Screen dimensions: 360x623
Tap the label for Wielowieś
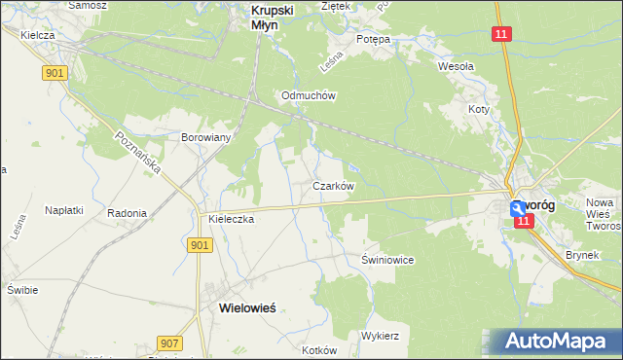(x=240, y=306)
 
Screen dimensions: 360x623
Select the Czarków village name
(x=332, y=185)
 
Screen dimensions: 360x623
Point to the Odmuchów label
(x=308, y=95)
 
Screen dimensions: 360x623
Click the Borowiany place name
(x=205, y=137)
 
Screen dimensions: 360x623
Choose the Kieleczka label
(x=231, y=220)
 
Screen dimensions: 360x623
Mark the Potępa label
(x=372, y=39)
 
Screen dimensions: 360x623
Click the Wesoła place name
(x=456, y=66)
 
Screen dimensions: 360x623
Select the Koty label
(x=477, y=110)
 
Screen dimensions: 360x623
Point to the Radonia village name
(x=127, y=213)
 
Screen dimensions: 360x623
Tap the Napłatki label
(x=63, y=209)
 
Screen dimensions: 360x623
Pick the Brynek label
(x=582, y=256)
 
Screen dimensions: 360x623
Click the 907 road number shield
(x=168, y=342)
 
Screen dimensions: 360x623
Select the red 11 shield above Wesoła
(x=500, y=34)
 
